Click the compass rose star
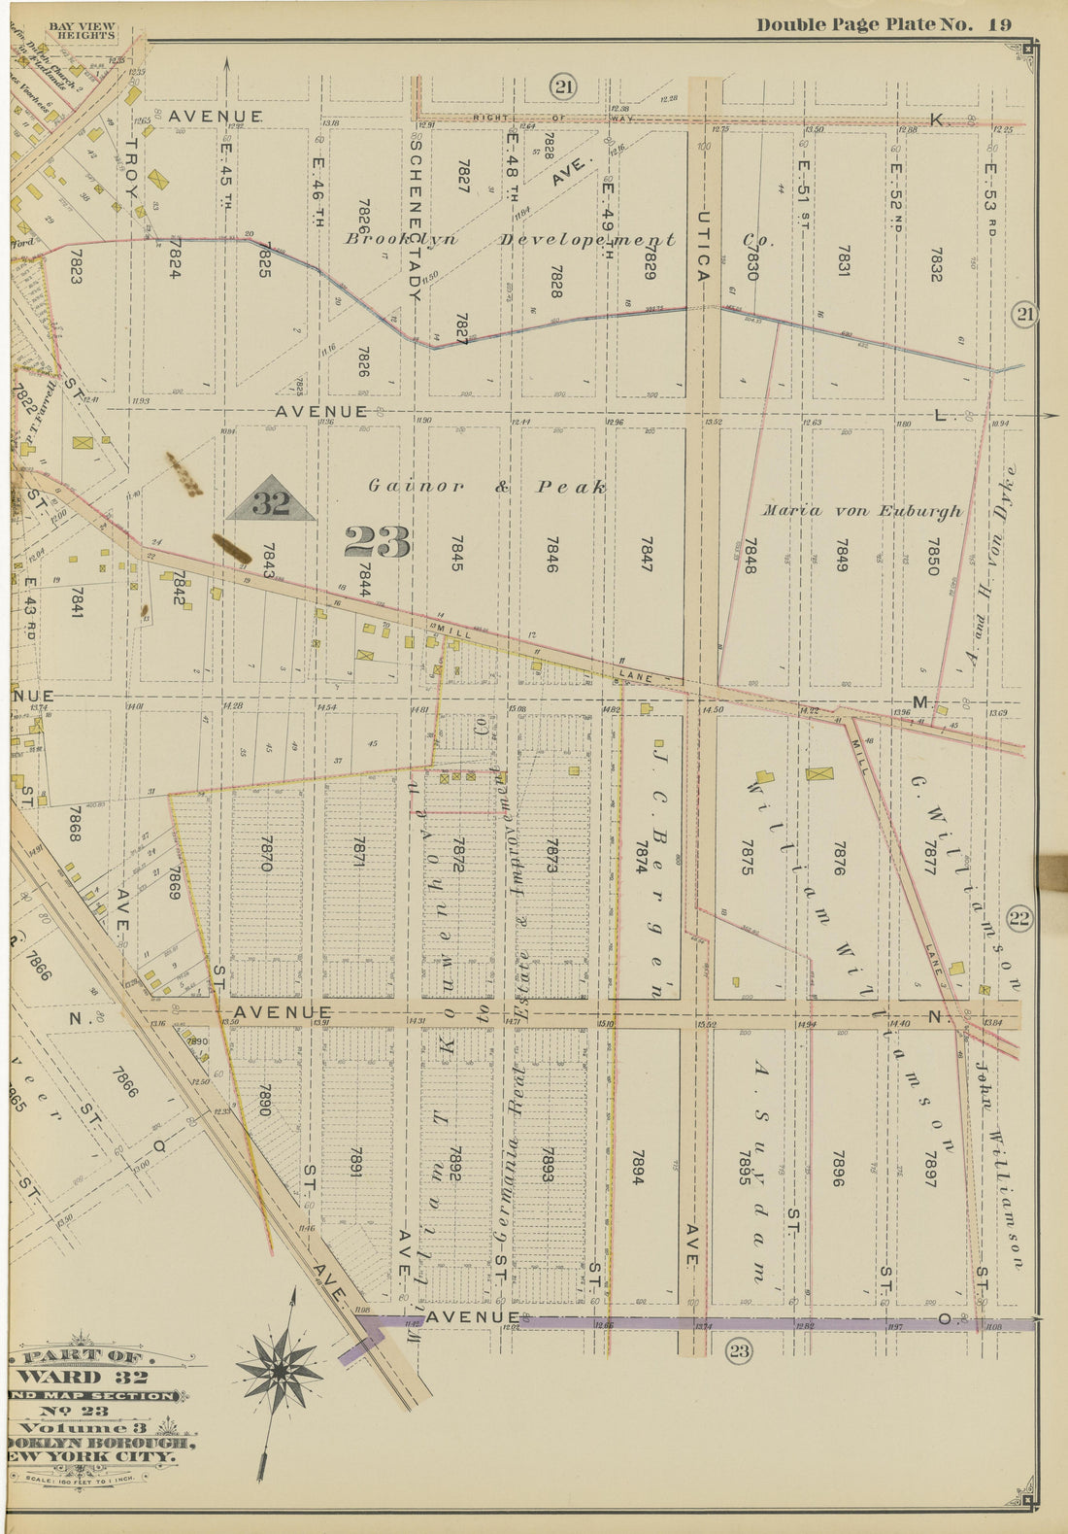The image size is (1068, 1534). (x=280, y=1370)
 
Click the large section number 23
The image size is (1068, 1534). (x=378, y=542)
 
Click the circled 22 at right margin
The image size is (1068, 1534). (x=1019, y=918)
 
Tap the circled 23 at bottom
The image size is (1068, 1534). (x=739, y=1350)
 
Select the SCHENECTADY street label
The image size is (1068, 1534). (x=415, y=216)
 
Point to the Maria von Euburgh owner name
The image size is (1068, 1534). (x=861, y=511)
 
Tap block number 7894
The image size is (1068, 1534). (x=637, y=1169)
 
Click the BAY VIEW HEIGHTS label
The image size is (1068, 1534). (x=82, y=30)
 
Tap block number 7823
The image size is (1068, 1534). (x=76, y=265)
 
